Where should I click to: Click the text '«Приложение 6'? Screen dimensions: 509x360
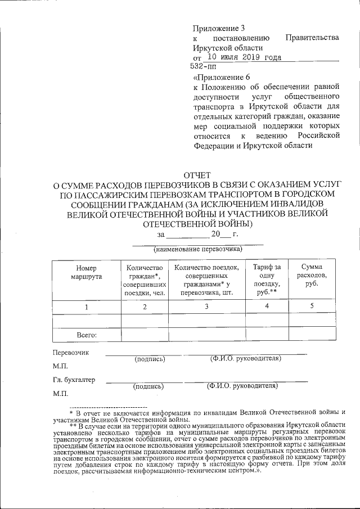219,77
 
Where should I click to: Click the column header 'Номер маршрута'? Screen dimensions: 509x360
86,273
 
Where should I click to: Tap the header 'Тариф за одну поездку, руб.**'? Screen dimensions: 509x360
267,280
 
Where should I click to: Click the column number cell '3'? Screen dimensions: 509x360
206,307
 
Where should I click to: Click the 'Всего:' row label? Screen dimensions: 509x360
86,335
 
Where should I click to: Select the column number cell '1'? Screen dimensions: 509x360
86,307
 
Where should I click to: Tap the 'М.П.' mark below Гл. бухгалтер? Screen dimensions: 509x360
60,393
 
